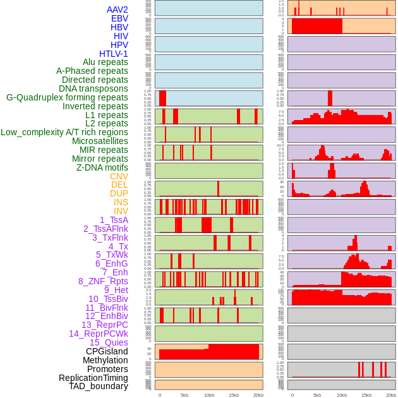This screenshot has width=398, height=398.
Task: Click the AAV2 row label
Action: click(117, 9)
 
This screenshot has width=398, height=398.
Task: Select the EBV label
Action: click(119, 18)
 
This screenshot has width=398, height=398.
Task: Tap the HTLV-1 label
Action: click(114, 54)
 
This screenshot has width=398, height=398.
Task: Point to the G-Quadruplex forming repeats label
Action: click(67, 98)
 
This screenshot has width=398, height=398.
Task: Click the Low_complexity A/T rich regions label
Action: click(64, 132)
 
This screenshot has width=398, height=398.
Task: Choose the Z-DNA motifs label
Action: click(102, 167)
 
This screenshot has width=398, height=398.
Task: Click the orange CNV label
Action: click(119, 176)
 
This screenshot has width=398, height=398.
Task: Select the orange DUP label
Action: click(119, 193)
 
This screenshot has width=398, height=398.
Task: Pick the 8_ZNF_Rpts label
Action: click(103, 281)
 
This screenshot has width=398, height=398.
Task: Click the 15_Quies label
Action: click(109, 342)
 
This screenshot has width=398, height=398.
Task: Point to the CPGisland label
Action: click(107, 351)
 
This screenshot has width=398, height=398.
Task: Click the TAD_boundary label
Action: click(99, 386)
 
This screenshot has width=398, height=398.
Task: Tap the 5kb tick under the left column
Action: click(184, 395)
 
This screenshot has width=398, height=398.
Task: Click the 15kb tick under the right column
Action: click(366, 395)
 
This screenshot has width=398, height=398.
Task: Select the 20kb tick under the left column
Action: click(258, 395)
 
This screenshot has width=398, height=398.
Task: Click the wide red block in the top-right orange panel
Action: click(317, 27)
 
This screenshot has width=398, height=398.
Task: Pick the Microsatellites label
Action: click(100, 141)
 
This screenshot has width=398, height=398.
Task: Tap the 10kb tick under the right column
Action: click(342, 395)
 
